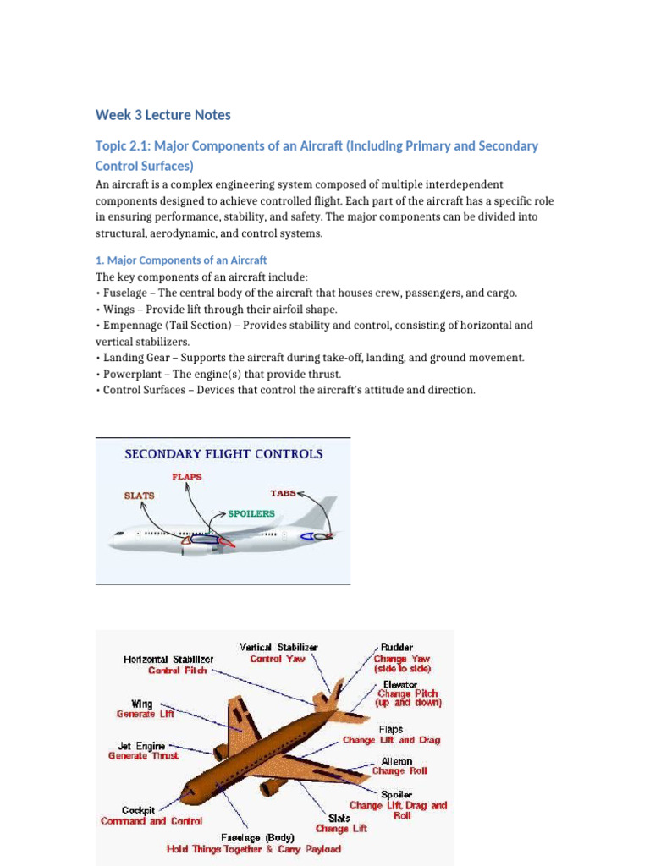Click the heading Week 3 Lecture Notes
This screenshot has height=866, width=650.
click(x=162, y=115)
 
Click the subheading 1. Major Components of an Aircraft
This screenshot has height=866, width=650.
click(x=181, y=260)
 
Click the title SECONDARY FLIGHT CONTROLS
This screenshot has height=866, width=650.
click(x=223, y=453)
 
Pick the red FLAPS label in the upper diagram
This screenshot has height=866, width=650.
click(x=187, y=477)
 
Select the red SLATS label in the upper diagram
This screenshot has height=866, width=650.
click(x=139, y=496)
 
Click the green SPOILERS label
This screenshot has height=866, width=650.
click(x=251, y=513)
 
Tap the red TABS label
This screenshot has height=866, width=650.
click(x=283, y=493)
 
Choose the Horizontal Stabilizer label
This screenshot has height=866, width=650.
click(x=168, y=659)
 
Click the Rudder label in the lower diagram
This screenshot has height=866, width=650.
click(x=397, y=647)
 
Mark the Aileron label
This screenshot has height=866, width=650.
click(x=398, y=760)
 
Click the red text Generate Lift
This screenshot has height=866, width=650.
click(x=146, y=714)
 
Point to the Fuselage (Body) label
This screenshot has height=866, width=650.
click(x=251, y=837)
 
